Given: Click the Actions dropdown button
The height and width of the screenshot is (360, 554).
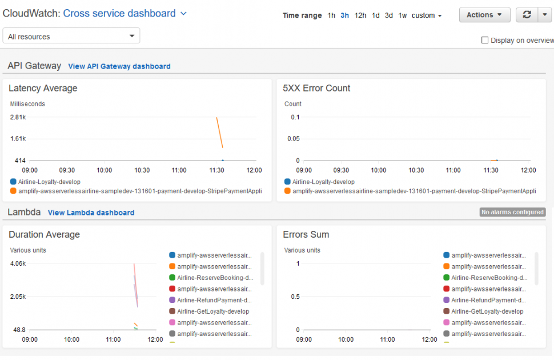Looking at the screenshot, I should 484,15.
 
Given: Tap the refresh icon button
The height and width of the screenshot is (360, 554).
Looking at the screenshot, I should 527,15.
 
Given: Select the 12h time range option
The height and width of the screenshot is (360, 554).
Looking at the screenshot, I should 360,15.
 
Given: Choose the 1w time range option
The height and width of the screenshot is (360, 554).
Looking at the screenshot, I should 403,15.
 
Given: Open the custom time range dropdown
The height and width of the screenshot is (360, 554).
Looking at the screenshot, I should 427,15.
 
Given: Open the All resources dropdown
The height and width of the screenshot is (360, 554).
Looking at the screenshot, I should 71,36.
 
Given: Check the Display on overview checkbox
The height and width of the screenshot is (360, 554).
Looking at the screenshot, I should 485,40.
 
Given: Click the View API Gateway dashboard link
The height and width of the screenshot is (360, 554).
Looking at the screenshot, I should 119,66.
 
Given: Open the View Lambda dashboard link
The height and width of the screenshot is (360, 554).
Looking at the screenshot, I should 91,213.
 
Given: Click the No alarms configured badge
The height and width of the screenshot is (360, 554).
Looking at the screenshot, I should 512,212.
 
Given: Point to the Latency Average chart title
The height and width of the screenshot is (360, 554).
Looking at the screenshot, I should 43,88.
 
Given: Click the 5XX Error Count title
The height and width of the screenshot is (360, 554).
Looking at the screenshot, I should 316,88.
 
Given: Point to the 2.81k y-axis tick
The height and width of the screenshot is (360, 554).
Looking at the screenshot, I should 18,117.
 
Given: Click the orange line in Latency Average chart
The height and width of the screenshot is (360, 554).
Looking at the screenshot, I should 219,133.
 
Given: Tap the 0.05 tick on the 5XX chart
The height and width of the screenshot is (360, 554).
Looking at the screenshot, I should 293,139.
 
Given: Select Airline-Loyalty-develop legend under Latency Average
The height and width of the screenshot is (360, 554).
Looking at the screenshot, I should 49,182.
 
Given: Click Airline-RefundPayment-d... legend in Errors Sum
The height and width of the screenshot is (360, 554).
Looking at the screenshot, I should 488,300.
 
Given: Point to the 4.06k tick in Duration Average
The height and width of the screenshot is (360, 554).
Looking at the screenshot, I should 18,263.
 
